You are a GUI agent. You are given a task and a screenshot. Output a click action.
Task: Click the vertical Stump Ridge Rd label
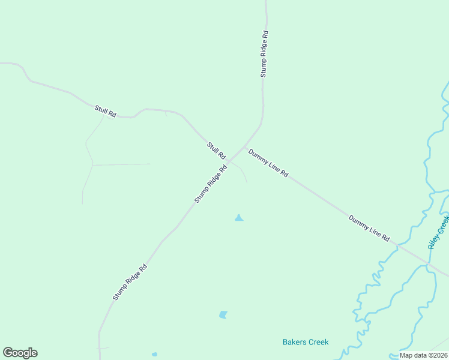[264, 54]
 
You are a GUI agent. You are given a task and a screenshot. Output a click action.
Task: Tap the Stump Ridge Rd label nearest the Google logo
[130, 283]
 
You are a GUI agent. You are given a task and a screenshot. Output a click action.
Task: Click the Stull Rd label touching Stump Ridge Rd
[215, 150]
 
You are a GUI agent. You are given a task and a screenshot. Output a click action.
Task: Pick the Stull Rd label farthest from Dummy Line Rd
[105, 110]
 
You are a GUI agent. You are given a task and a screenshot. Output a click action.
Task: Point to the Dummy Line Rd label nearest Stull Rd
[268, 163]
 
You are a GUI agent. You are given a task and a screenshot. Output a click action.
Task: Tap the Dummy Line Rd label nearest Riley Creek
[369, 227]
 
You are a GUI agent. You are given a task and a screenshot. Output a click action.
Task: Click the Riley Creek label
[439, 233]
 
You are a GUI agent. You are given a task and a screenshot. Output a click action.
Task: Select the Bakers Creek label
[306, 342]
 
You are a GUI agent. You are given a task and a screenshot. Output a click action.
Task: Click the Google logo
[20, 353]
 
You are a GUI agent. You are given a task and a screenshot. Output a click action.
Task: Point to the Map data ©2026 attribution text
[424, 355]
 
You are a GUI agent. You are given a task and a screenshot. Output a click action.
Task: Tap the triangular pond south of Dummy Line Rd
[239, 218]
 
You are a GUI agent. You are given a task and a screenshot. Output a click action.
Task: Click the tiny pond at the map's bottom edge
[154, 355]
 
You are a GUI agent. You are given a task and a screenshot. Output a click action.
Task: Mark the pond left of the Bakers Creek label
[223, 314]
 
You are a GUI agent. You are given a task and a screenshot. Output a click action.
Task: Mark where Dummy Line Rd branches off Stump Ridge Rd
[246, 146]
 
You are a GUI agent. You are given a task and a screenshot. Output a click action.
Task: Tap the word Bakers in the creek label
[294, 342]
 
